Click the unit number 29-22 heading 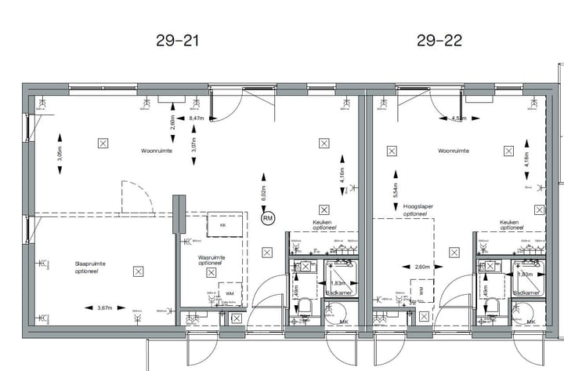click(x=439, y=40)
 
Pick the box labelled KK click(x=222, y=225)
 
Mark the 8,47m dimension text click(x=197, y=118)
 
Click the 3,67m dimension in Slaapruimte click(x=106, y=308)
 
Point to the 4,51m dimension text click(x=459, y=119)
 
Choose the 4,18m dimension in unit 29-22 click(x=526, y=160)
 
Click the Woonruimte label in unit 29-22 click(x=454, y=150)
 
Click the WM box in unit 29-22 click(x=421, y=290)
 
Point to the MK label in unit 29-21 click(x=344, y=322)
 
